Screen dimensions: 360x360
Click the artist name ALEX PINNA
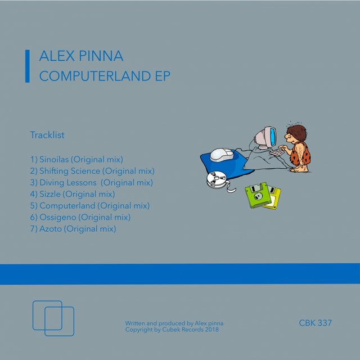tap(81, 56)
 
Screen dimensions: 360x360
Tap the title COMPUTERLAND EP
tap(105, 76)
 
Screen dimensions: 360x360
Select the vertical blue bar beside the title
tap(28, 66)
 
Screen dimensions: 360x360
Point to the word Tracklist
tap(47, 135)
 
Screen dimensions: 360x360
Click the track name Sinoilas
tap(54, 159)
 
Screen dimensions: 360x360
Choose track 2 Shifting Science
tap(92, 171)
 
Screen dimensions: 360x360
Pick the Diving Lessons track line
tap(91, 182)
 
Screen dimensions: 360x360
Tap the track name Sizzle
tap(50, 194)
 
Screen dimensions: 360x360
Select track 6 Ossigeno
tap(80, 217)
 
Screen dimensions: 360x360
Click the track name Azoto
tap(51, 229)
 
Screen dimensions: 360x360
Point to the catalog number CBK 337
tap(315, 323)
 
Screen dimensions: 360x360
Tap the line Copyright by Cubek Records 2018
tap(172, 330)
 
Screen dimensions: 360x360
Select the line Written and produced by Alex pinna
tap(174, 323)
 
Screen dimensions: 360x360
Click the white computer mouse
tap(222, 155)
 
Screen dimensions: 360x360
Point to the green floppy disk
tap(258, 195)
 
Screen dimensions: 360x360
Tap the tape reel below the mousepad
tap(217, 180)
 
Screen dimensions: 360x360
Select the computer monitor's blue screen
tap(272, 137)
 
